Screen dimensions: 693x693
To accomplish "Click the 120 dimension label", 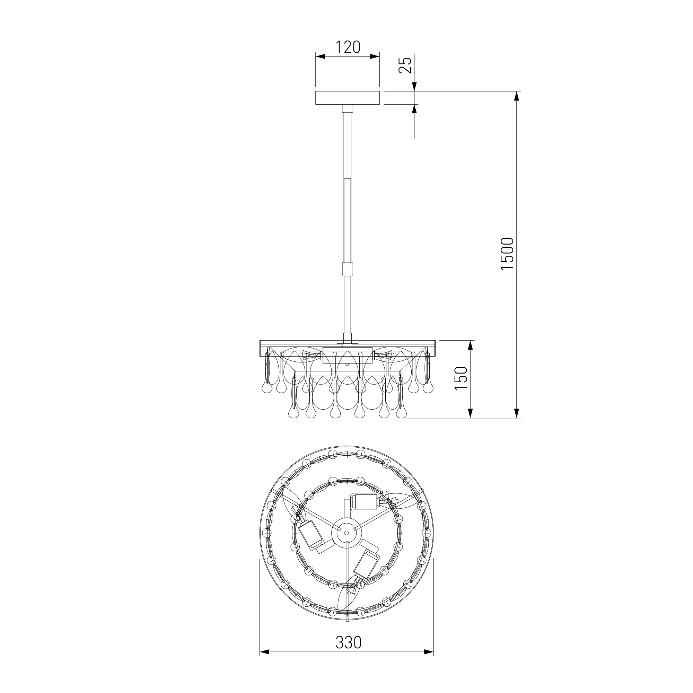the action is point(347,47).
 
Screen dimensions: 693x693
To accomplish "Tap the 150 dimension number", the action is point(461,379).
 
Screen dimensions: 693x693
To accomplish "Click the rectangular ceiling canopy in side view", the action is point(347,98).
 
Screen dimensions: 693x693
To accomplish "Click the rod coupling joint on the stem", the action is point(347,269).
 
